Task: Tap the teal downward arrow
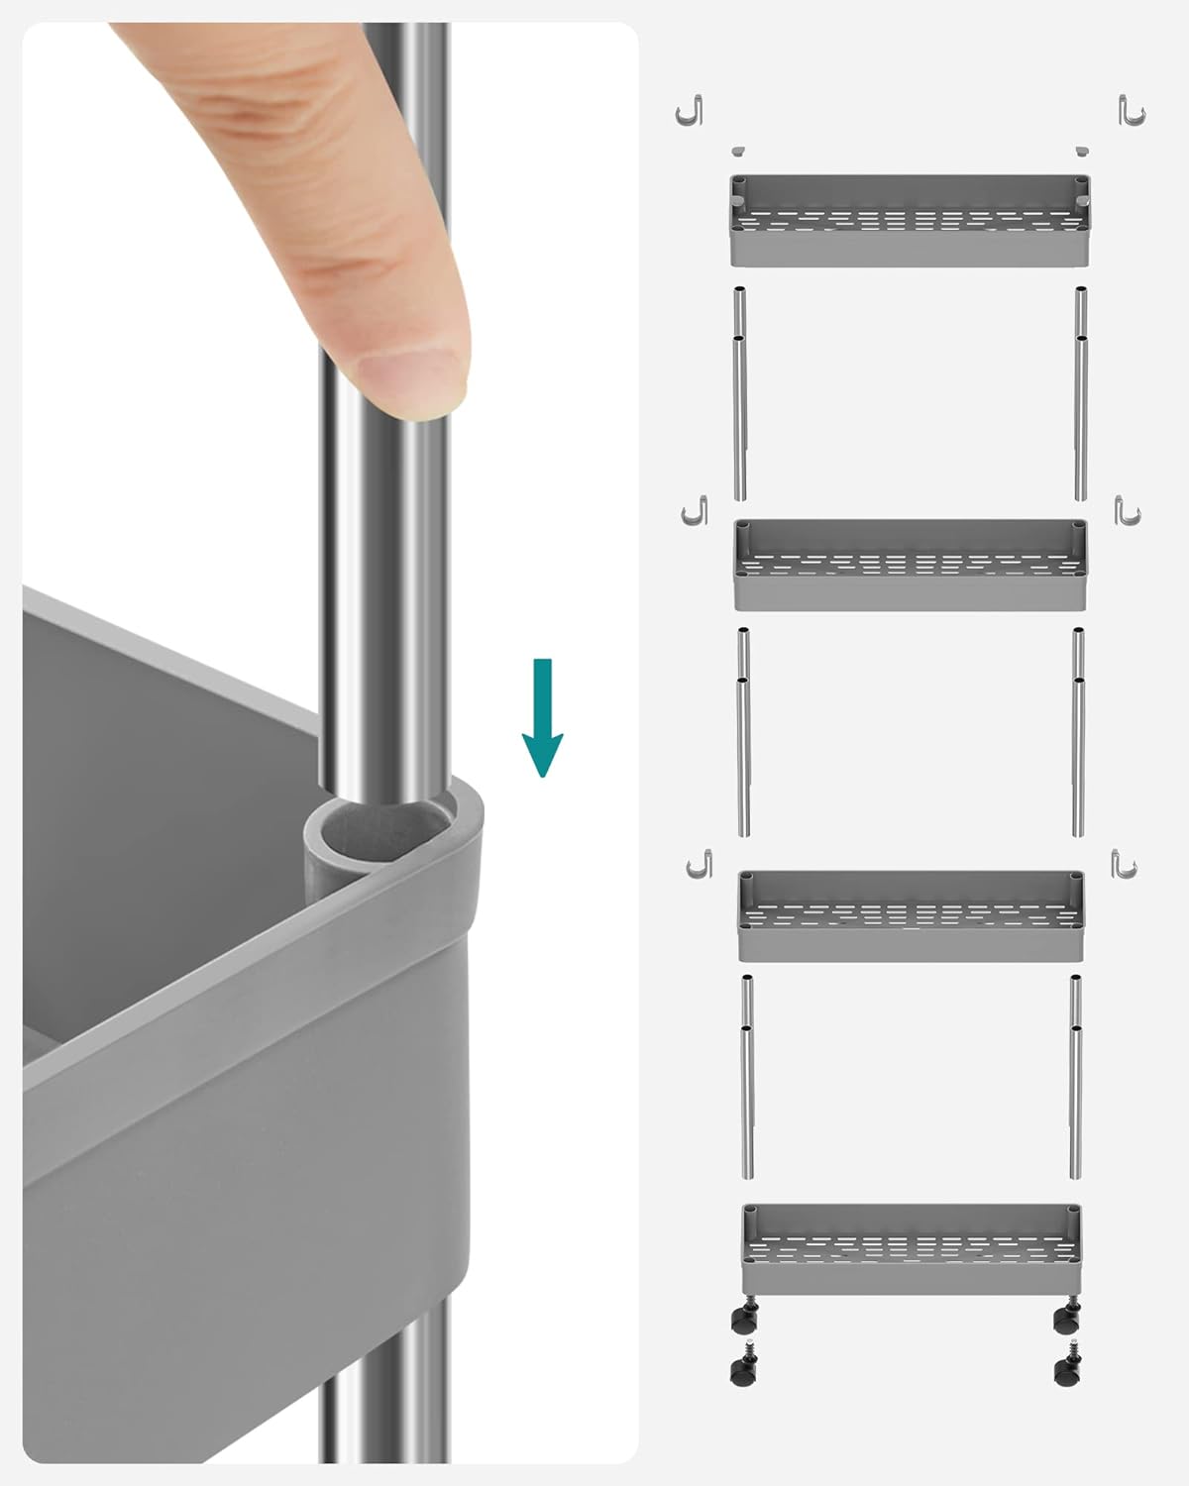(x=542, y=717)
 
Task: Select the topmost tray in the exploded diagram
(x=911, y=221)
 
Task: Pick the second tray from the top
(x=911, y=566)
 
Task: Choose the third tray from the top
(x=911, y=916)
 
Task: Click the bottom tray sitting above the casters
(x=911, y=1249)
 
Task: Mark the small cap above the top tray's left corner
(x=737, y=151)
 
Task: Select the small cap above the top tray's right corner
(x=1082, y=151)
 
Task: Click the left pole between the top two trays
(x=740, y=394)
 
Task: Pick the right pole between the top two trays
(x=1081, y=394)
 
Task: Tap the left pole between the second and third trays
(x=743, y=733)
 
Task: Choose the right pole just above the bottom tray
(x=1076, y=1078)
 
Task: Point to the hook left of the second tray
(x=696, y=511)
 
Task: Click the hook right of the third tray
(x=1125, y=864)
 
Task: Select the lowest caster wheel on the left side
(x=740, y=1370)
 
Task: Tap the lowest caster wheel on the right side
(x=1066, y=1370)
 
